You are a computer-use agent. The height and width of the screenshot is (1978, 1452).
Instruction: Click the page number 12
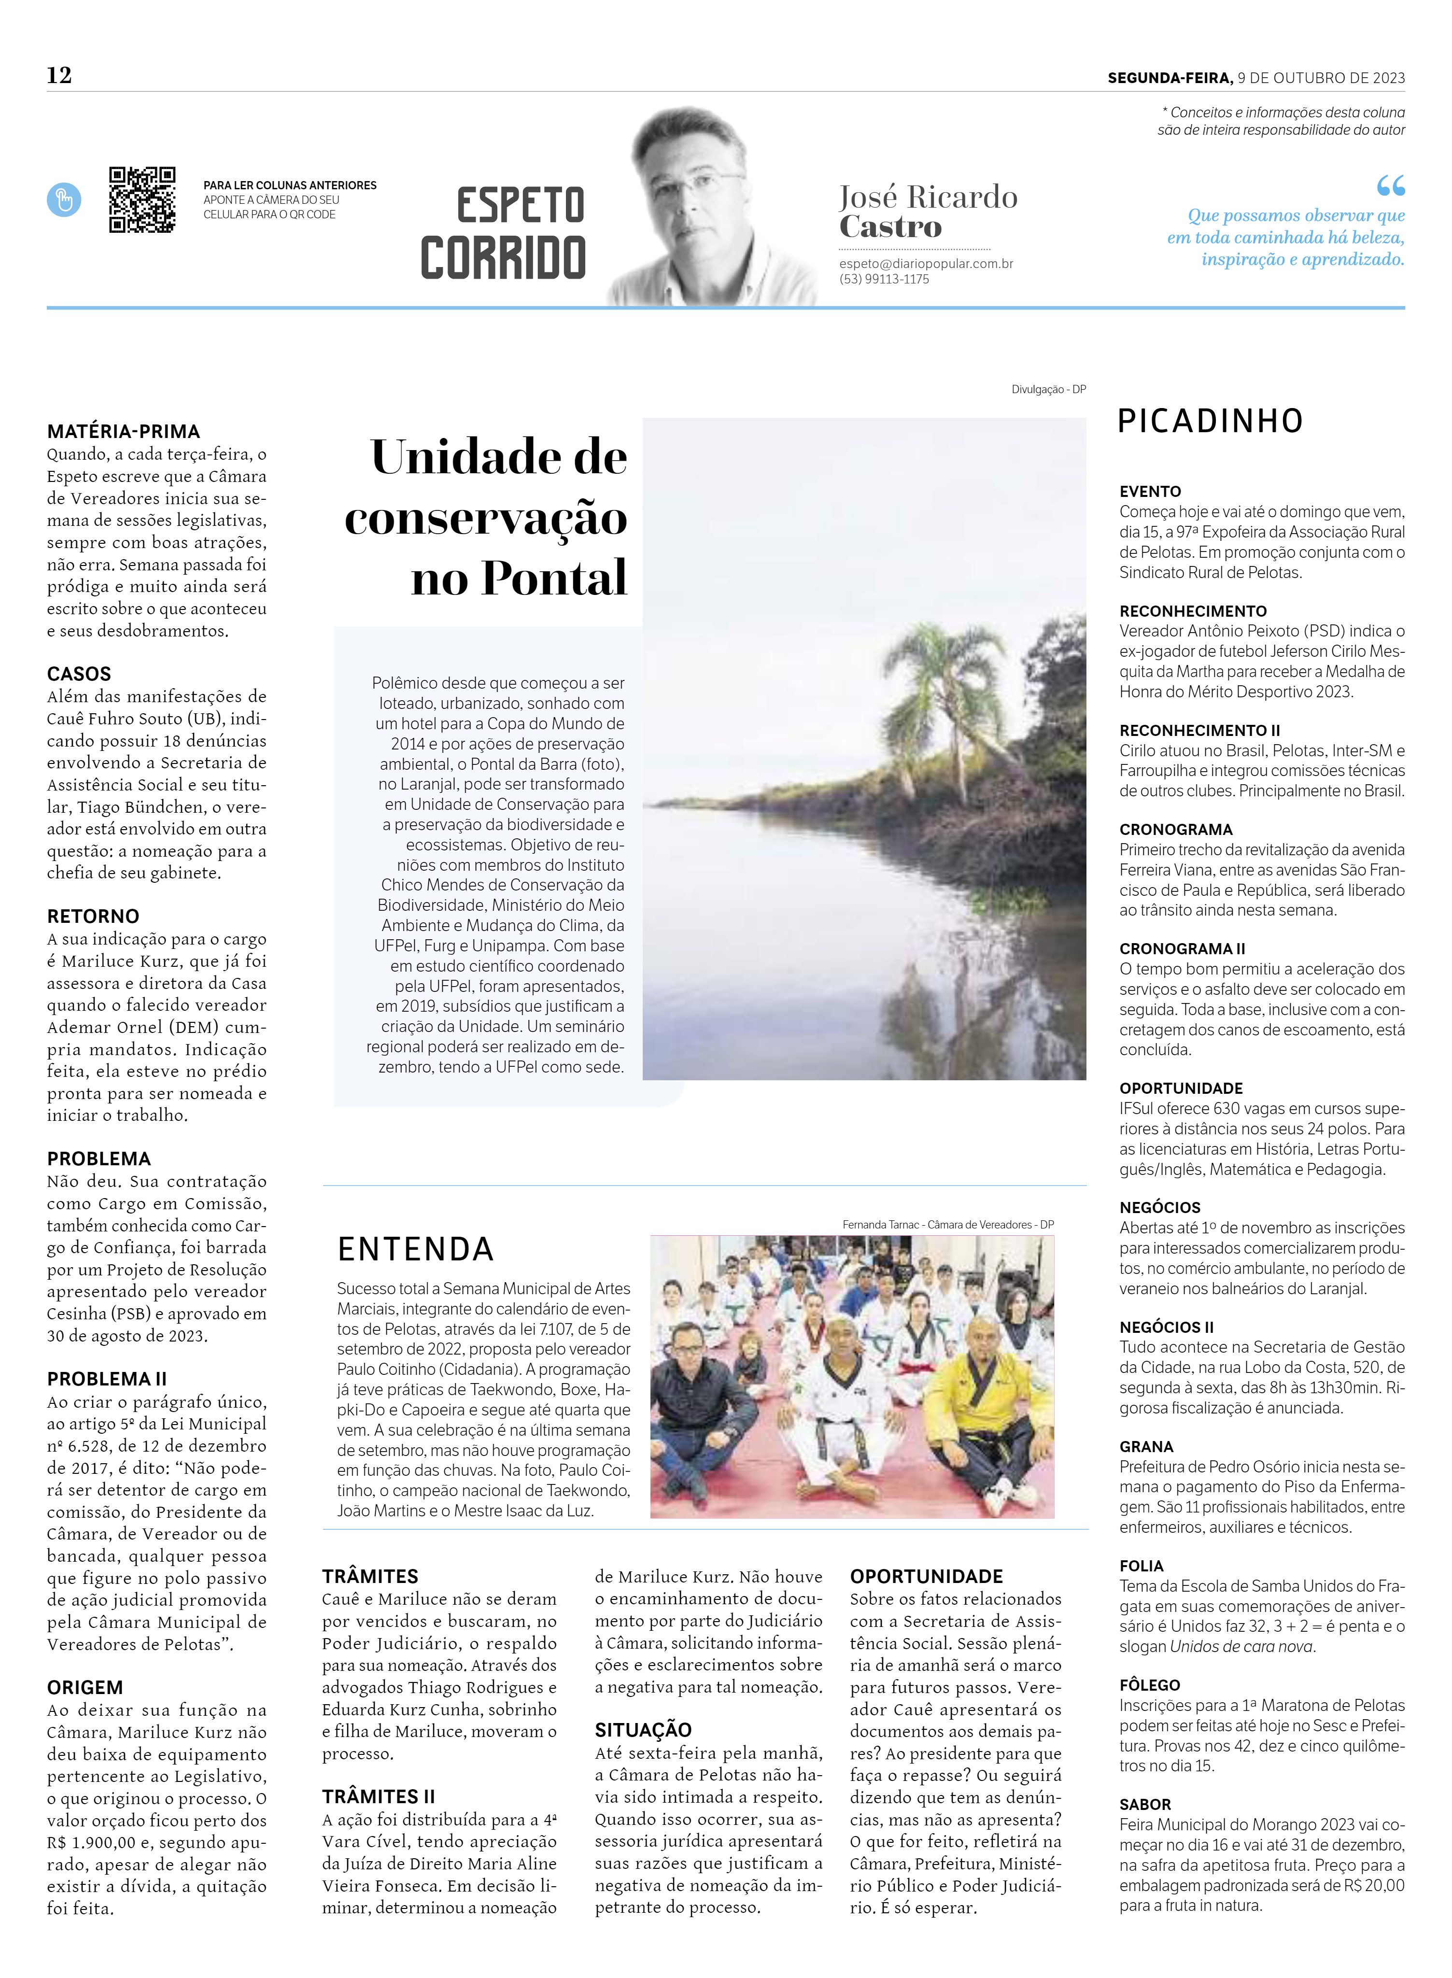pos(59,76)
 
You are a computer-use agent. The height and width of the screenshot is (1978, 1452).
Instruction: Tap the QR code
pos(141,199)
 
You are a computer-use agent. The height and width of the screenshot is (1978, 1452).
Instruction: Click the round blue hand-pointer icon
pos(64,200)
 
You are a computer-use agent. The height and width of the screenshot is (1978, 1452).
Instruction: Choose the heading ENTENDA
pos(416,1249)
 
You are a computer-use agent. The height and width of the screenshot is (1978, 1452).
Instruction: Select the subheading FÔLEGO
pos(1150,1684)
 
